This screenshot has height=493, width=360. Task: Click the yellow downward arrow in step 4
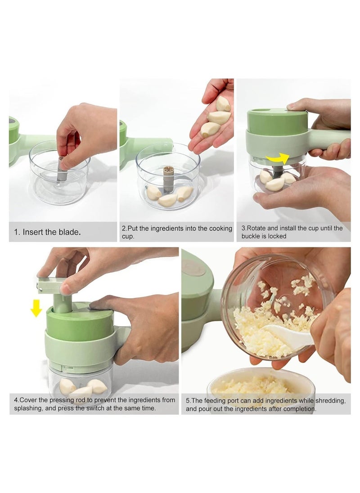tap(36, 309)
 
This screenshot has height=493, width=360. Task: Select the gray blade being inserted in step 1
tap(61, 169)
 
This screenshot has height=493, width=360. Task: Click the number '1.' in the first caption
tap(17, 232)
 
